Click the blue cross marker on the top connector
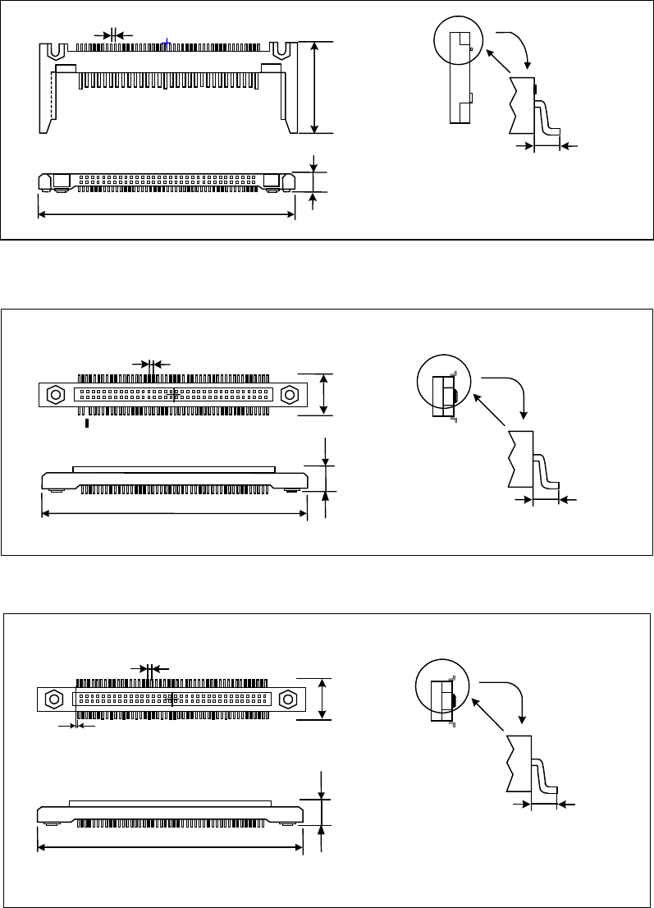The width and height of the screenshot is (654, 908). [x=167, y=43]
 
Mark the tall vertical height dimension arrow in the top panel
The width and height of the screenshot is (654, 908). [x=315, y=87]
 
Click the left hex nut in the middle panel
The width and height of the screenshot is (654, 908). [x=56, y=394]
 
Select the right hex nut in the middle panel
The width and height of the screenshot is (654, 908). [x=290, y=394]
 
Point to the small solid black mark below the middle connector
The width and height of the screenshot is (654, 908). [x=87, y=424]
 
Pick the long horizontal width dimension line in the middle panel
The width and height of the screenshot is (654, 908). [x=174, y=515]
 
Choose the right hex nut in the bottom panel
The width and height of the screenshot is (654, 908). [x=288, y=699]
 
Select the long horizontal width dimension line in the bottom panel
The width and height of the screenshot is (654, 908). [x=170, y=846]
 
